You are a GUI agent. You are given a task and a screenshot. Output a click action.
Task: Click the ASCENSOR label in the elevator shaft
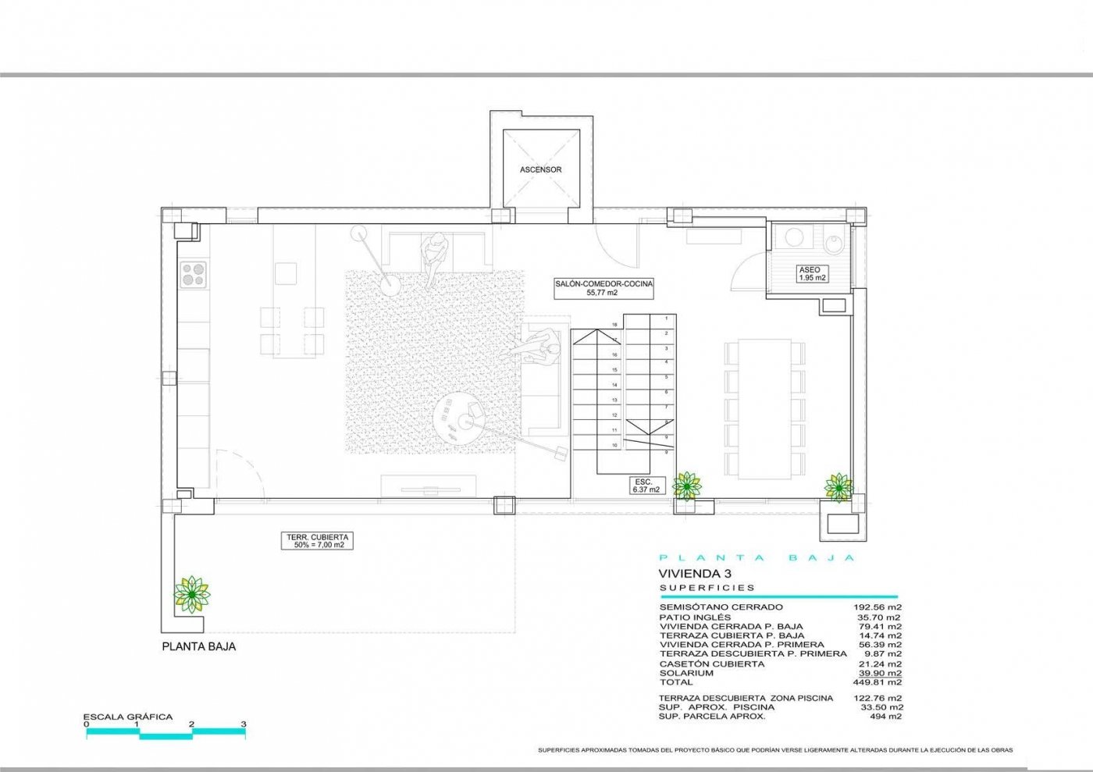[541, 169]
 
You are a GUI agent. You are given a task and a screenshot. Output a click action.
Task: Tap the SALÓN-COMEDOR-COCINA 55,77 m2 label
[603, 288]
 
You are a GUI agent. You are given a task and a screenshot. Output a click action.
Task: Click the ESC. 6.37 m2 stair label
[646, 486]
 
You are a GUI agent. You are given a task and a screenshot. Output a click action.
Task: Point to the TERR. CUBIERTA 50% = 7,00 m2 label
[316, 541]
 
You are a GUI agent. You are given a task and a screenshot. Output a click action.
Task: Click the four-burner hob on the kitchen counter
[194, 275]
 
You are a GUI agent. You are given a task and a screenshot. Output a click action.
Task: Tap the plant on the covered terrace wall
[191, 594]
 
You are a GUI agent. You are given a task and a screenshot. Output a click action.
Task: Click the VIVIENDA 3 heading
[688, 573]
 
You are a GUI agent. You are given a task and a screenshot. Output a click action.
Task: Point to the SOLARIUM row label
[686, 673]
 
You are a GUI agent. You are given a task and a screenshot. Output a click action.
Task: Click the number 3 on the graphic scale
[244, 724]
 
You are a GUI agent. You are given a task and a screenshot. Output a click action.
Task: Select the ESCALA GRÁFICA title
[128, 717]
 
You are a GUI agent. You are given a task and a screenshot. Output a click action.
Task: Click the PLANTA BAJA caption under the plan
[198, 646]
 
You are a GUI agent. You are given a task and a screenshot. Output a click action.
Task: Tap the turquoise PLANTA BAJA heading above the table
[757, 557]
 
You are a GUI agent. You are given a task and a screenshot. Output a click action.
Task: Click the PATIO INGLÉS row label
[695, 617]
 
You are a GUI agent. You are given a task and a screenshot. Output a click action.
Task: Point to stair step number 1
[666, 318]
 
